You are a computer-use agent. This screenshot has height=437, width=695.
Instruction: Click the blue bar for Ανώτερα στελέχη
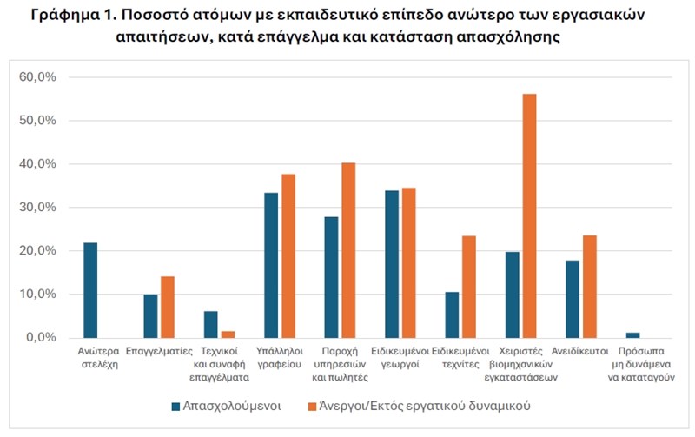(90, 290)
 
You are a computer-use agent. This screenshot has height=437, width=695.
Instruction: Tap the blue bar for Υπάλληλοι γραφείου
(271, 265)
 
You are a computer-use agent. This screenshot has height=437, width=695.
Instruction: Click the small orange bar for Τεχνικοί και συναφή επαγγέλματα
(227, 334)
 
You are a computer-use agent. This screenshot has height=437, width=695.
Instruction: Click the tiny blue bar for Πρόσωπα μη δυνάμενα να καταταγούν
(632, 334)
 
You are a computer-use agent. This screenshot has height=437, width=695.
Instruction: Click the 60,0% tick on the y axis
(37, 77)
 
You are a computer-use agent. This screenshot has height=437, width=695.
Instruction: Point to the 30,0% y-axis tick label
(37, 208)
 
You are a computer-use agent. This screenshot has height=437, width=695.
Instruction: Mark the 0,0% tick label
(40, 337)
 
